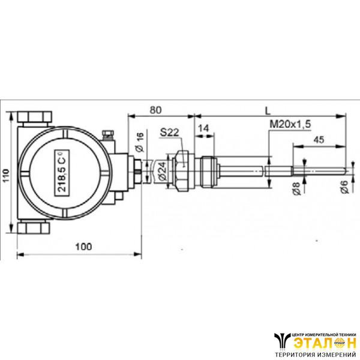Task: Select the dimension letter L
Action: [268, 110]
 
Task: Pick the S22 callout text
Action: [171, 132]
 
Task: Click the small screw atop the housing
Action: [109, 134]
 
